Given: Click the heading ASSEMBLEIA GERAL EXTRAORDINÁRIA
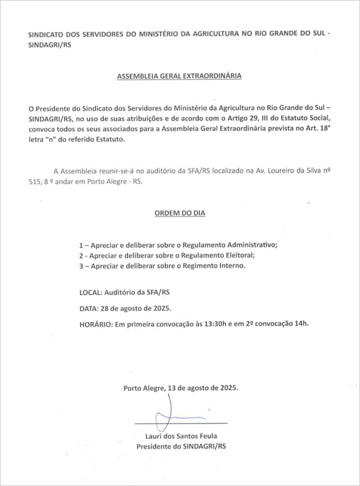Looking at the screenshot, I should [180, 76].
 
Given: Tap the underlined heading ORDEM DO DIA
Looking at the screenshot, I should [180, 214].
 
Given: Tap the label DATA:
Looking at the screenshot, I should [89, 308].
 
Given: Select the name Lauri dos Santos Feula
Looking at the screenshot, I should [181, 436].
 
